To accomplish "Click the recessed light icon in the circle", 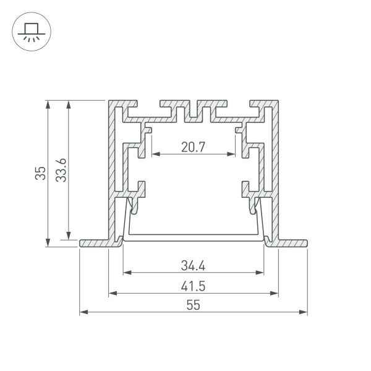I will point(30,32).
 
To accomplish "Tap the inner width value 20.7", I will point(194,148).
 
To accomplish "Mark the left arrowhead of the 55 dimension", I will point(83,312).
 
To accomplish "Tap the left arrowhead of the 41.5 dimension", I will point(113,292).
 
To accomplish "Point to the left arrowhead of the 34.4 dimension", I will point(127,273).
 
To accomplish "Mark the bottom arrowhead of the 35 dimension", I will point(48,244).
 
